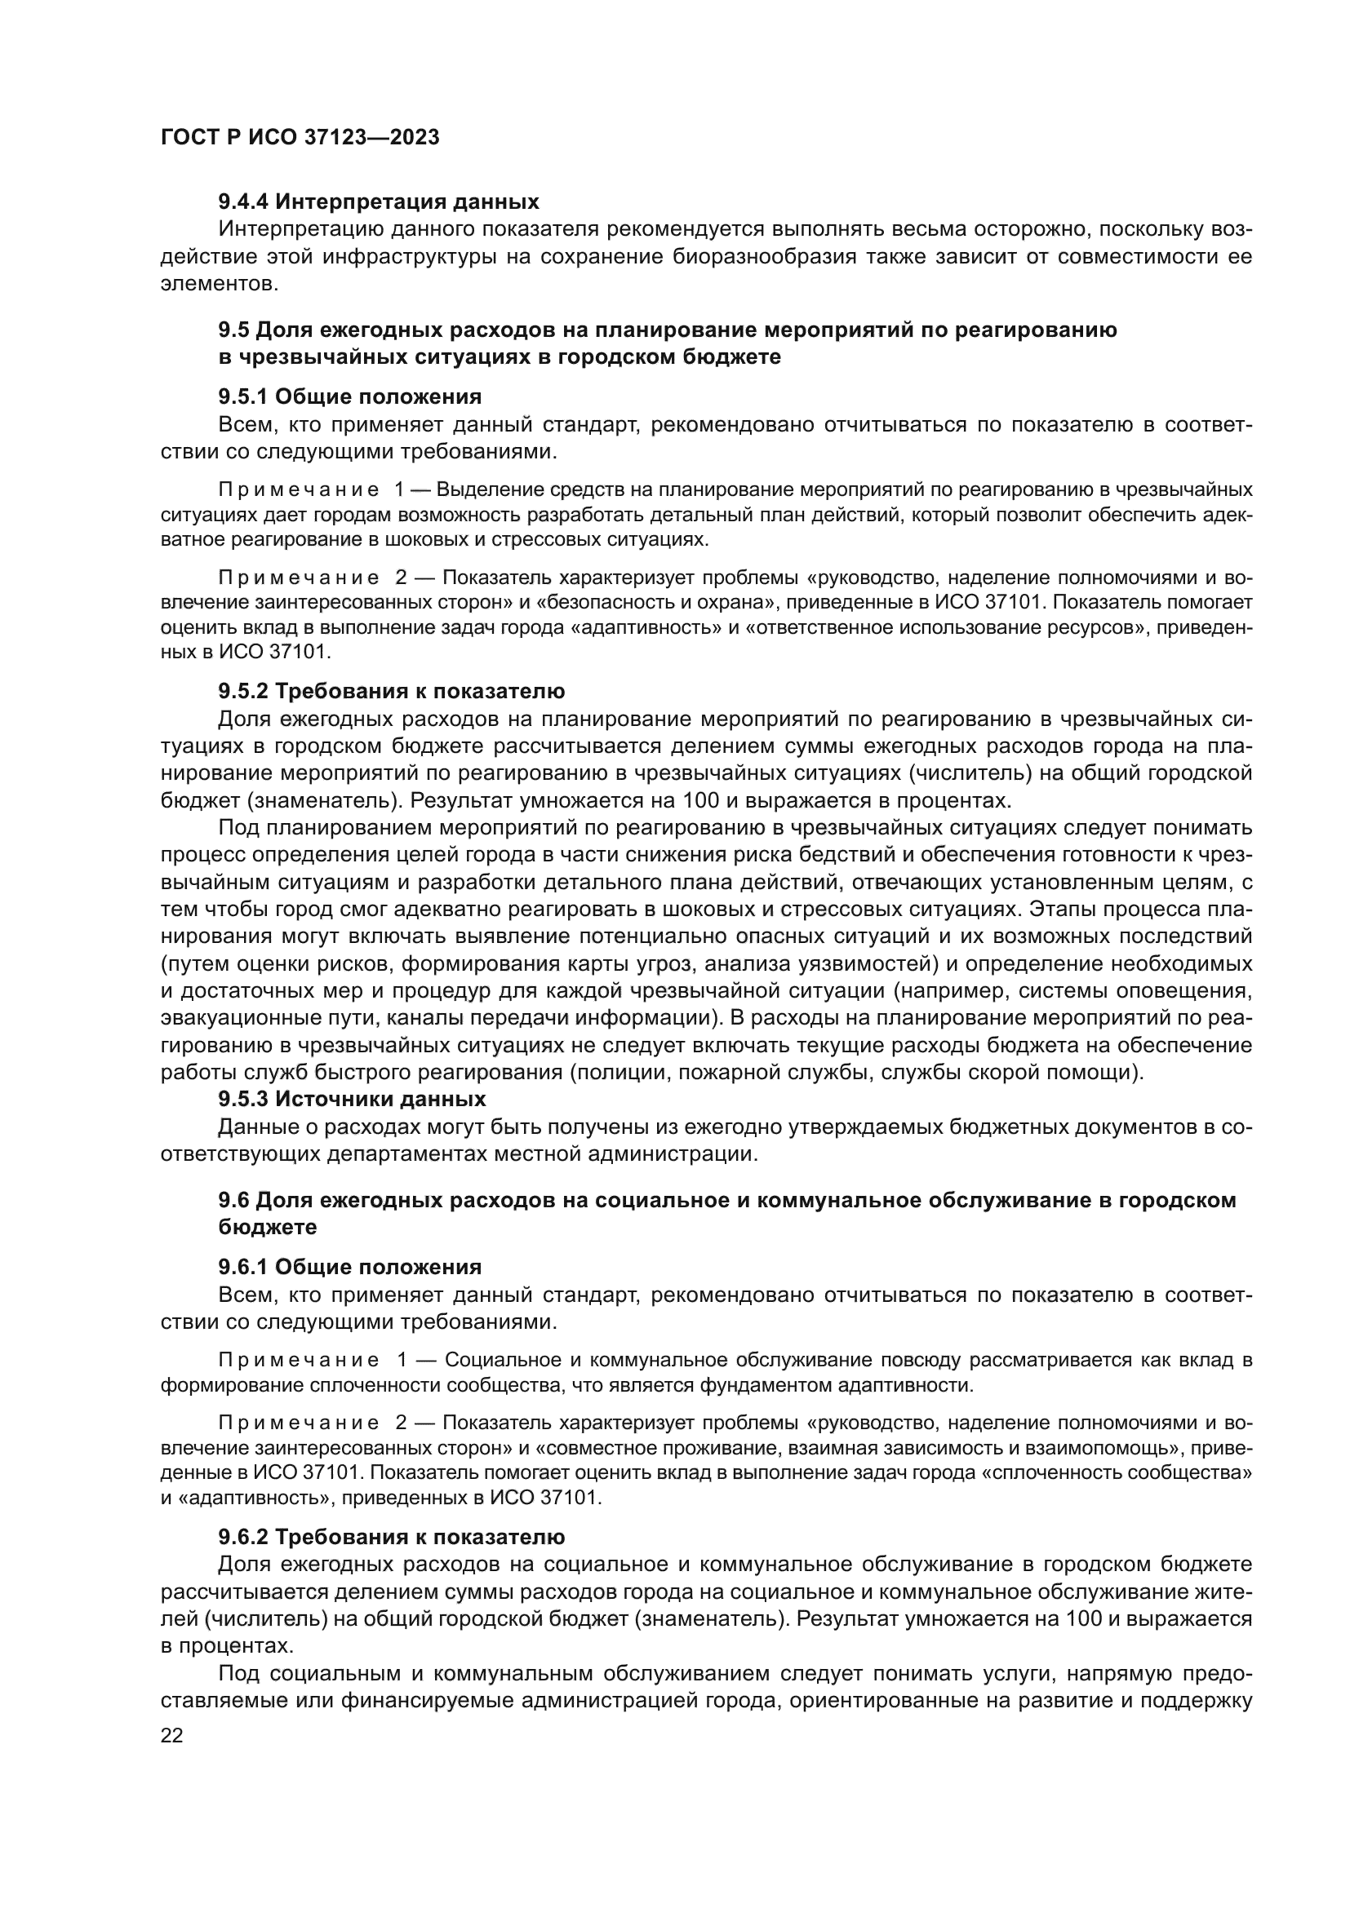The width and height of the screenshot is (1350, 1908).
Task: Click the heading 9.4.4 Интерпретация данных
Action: (378, 202)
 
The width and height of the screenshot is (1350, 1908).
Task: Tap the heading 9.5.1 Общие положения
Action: (350, 396)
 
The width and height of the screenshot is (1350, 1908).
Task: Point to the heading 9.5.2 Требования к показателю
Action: (392, 692)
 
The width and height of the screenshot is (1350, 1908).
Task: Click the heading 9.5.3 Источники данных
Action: (352, 1100)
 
